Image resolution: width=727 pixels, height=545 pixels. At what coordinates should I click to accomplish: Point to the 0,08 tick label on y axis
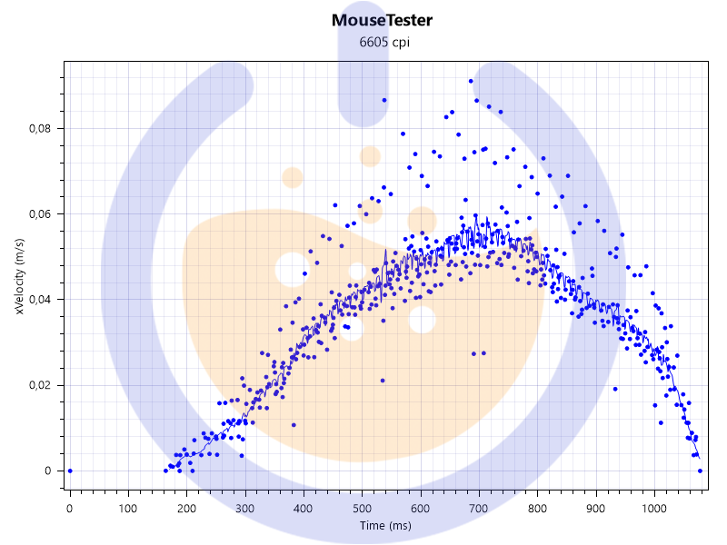[40, 128]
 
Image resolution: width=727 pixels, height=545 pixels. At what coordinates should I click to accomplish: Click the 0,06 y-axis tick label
[40, 214]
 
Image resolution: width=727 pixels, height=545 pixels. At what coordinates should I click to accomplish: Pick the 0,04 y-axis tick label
[40, 300]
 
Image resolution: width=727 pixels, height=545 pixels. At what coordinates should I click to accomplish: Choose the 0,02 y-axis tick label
[40, 385]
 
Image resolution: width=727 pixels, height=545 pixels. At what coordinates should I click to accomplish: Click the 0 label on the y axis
[49, 471]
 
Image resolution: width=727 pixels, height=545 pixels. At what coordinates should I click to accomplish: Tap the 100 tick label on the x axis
[128, 508]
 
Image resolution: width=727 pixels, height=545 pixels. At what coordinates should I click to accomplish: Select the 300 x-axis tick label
[245, 508]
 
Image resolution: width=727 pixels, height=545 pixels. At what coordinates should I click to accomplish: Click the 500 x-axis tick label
[363, 508]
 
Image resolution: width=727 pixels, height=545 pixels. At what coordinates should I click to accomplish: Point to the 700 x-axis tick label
[480, 508]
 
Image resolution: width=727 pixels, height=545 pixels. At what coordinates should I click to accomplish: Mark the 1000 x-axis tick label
[653, 508]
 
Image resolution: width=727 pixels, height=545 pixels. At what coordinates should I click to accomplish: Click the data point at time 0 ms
[70, 471]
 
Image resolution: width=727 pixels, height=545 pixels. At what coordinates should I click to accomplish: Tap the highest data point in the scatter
[471, 81]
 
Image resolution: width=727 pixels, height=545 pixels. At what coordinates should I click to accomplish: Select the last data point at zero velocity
[700, 471]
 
